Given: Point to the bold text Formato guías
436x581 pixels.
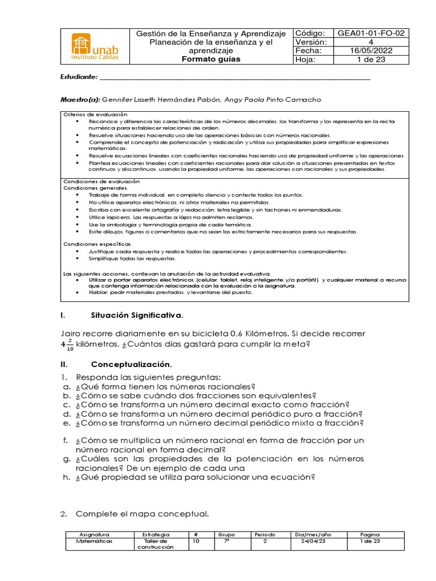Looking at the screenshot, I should (211, 59).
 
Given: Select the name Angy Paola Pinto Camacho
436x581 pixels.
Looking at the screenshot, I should (273, 99).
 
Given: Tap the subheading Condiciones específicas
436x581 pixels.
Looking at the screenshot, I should (93, 243).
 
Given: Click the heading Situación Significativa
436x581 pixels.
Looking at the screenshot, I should (137, 315).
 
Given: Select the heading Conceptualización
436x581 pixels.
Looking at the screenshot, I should (131, 364).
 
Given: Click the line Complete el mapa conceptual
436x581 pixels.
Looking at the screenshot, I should (142, 514).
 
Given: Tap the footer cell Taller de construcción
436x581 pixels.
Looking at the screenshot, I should (154, 545).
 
